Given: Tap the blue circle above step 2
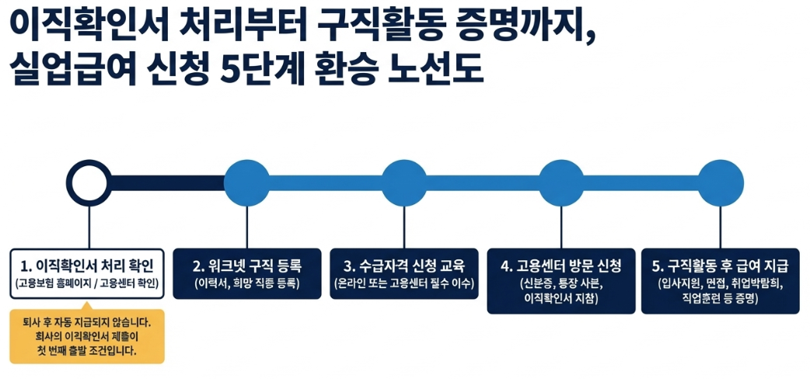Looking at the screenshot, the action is pyautogui.click(x=246, y=184).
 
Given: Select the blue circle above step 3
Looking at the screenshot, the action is pyautogui.click(x=404, y=184).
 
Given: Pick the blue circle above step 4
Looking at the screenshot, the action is pyautogui.click(x=561, y=184).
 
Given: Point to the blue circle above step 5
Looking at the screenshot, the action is pyautogui.click(x=720, y=184).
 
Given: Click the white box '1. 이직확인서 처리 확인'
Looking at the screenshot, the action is pyautogui.click(x=88, y=273).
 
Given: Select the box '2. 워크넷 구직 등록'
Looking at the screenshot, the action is pyautogui.click(x=246, y=273).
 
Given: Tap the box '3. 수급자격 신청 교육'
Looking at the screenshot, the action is pyautogui.click(x=404, y=273).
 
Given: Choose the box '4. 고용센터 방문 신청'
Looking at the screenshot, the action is pyautogui.click(x=560, y=280).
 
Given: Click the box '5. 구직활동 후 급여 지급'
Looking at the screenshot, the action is pyautogui.click(x=720, y=280).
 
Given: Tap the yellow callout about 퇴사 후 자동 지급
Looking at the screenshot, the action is pyautogui.click(x=87, y=336).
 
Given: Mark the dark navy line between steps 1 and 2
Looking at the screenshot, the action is pyautogui.click(x=167, y=184).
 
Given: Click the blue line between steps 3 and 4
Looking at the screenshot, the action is pyautogui.click(x=483, y=184).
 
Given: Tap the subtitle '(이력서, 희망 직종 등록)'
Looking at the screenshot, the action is pyautogui.click(x=246, y=283).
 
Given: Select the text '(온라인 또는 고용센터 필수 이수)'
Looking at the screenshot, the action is pyautogui.click(x=404, y=283).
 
